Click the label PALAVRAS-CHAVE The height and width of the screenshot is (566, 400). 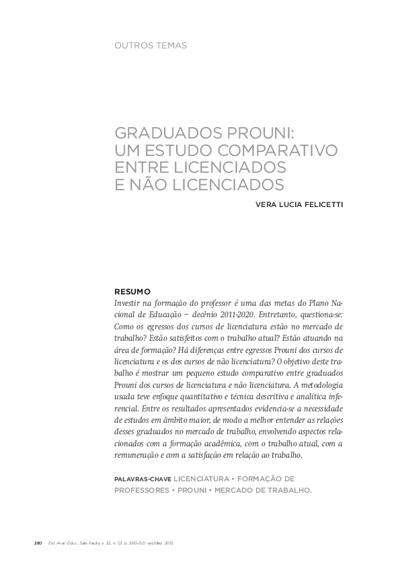(x=143, y=479)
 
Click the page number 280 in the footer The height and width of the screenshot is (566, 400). (x=38, y=541)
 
